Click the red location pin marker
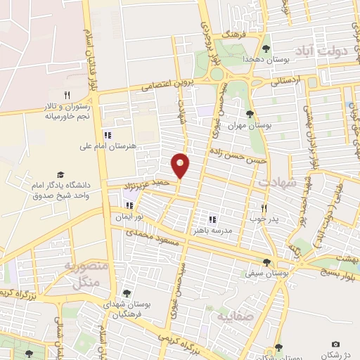click(181, 165)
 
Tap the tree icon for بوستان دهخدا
click(266, 49)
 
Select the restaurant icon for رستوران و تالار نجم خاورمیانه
click(67, 94)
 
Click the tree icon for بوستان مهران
click(250, 112)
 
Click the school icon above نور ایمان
click(129, 206)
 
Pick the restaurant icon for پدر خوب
click(265, 208)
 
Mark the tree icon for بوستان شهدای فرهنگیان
click(127, 294)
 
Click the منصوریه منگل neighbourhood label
click(85, 274)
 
